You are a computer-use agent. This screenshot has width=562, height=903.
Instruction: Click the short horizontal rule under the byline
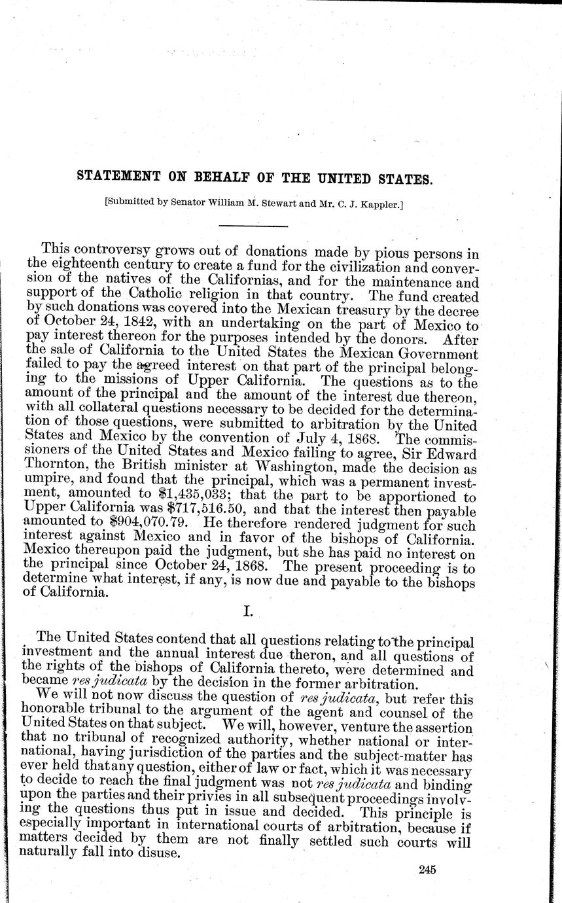coord(253,226)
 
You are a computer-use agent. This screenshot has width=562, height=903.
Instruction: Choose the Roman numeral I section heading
coord(248,611)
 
